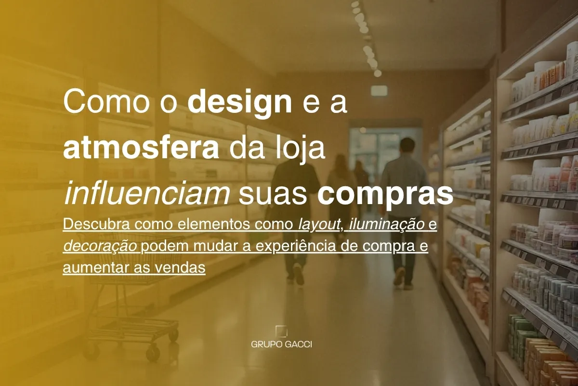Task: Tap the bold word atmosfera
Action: [x=141, y=149]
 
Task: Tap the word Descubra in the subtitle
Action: [x=96, y=224]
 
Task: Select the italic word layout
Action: [x=319, y=225]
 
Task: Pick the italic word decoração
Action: [x=100, y=247]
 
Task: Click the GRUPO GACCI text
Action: [x=281, y=345]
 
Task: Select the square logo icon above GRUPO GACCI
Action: [x=281, y=331]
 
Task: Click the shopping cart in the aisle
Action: [x=130, y=297]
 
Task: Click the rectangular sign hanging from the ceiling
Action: [x=379, y=91]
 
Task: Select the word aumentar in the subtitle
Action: [x=96, y=268]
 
